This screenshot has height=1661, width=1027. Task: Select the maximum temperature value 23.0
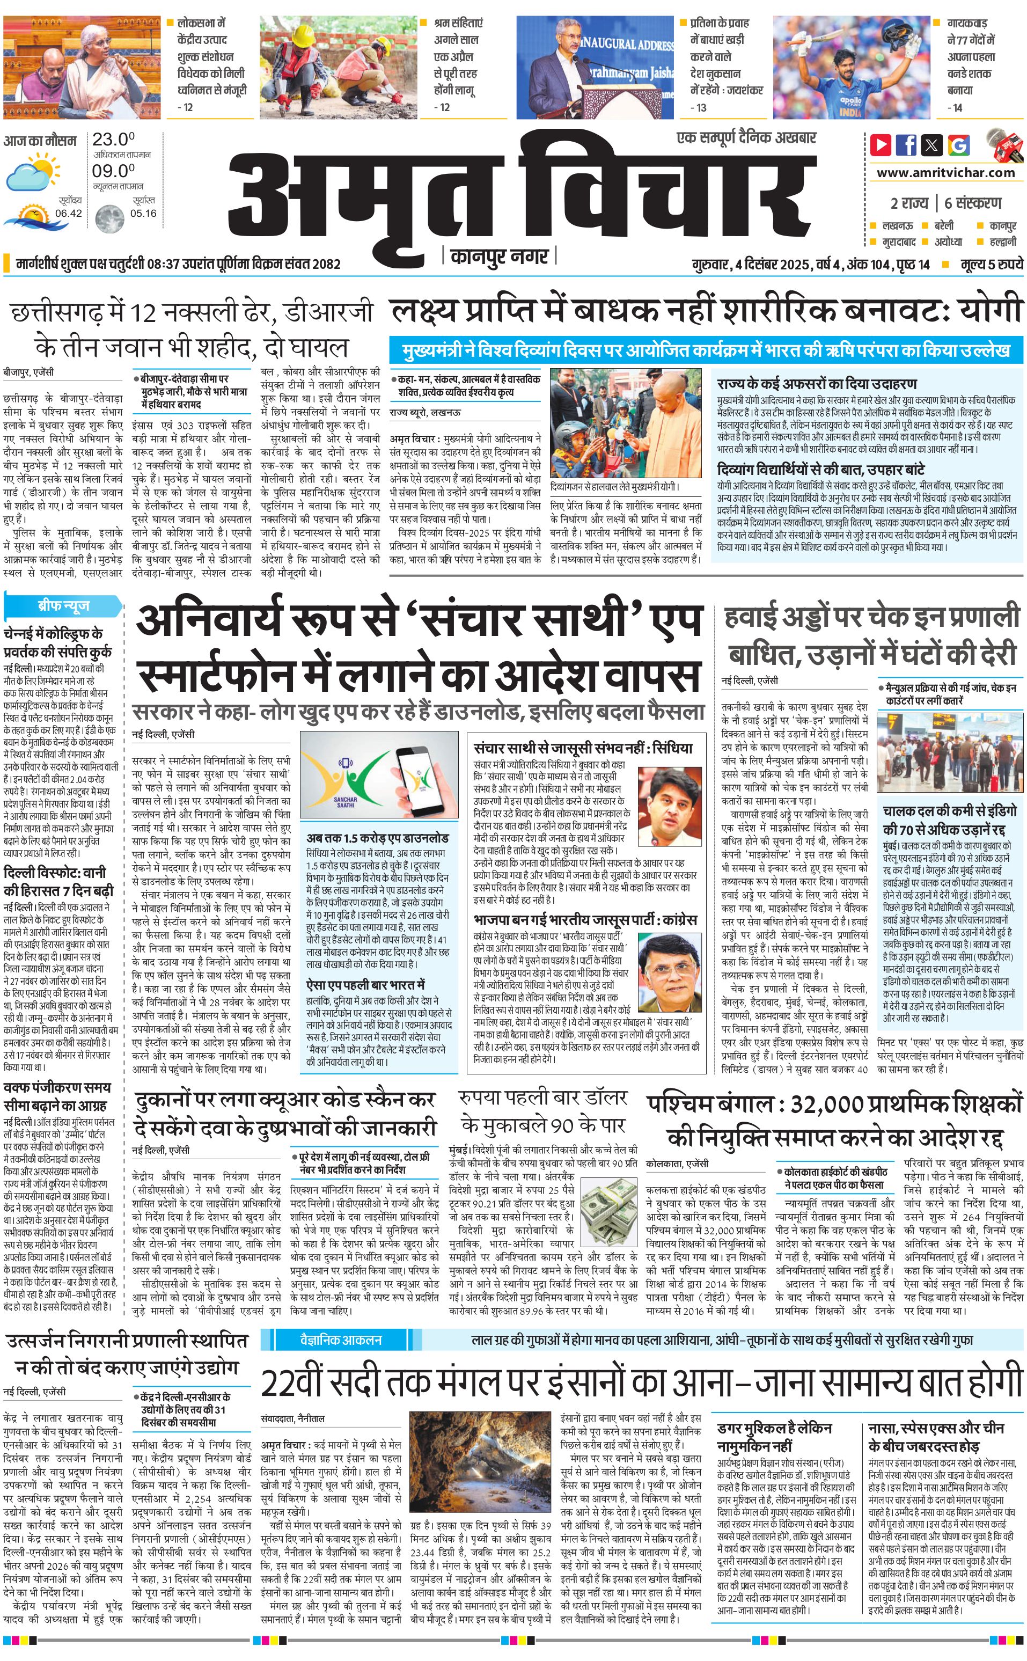tap(113, 139)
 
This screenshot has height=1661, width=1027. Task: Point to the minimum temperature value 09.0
tap(113, 171)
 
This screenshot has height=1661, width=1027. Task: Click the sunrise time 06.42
tap(69, 213)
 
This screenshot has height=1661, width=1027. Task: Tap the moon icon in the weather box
tap(109, 219)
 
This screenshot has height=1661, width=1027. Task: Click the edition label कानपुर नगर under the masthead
tap(499, 257)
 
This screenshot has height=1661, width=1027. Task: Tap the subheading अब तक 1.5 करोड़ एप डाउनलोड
tap(377, 838)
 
